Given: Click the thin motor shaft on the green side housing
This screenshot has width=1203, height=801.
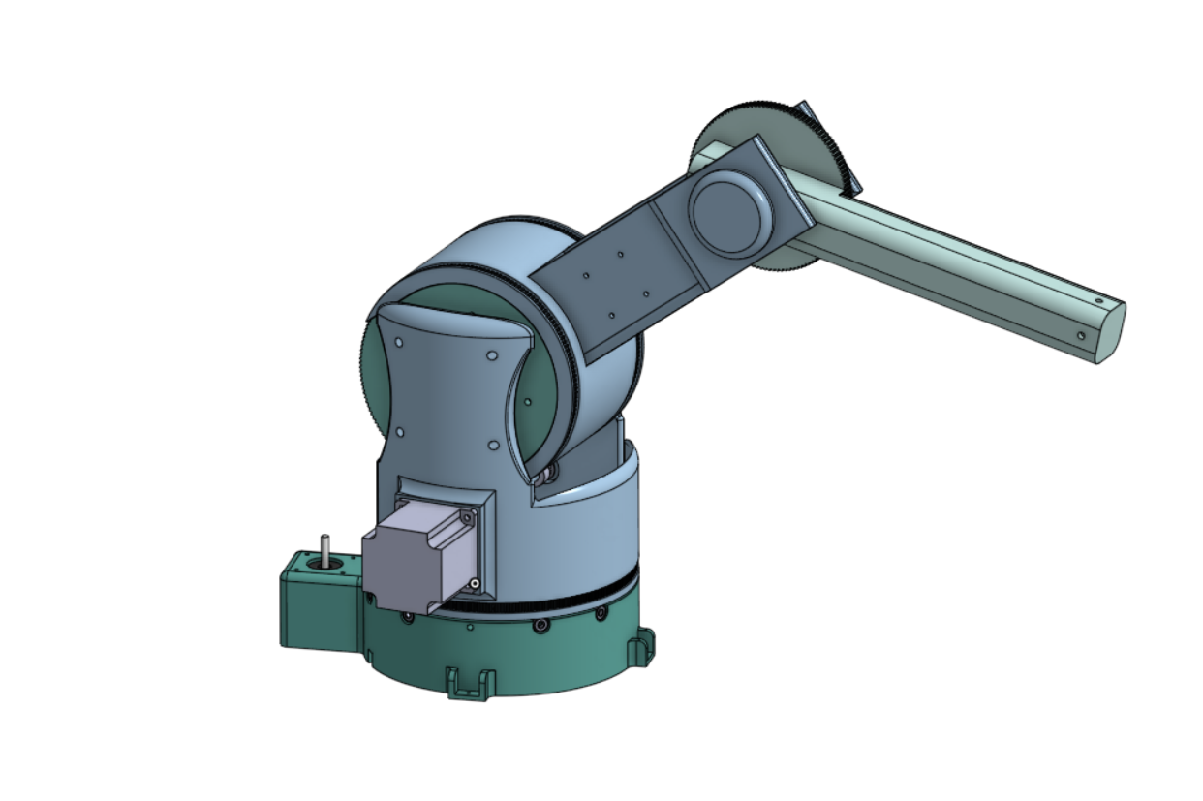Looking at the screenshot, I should (x=325, y=546).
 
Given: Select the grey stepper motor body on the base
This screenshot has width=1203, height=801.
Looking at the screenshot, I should (x=407, y=567).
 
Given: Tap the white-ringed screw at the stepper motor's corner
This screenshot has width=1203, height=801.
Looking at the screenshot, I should (x=476, y=582).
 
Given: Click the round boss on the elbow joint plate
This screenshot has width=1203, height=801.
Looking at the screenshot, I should (x=731, y=212).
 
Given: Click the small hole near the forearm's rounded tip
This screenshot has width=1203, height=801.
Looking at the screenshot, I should (x=1081, y=335).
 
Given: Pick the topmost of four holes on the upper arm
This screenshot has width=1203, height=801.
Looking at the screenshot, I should (x=621, y=255).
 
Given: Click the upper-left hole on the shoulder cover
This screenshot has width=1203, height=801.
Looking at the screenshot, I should (x=400, y=341).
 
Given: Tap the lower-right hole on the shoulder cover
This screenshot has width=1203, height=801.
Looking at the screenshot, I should (x=493, y=446).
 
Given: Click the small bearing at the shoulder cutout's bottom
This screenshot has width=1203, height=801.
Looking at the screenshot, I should (x=549, y=472).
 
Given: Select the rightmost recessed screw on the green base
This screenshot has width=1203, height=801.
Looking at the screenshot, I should (x=601, y=613).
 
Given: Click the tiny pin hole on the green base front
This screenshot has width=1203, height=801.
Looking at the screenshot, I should (x=470, y=627).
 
